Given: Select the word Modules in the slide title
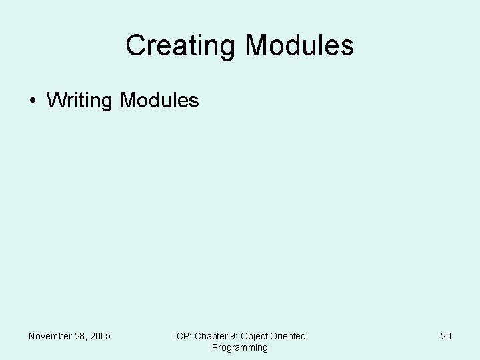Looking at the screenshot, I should click(299, 45).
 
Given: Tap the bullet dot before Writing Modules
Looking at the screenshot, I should click(33, 101).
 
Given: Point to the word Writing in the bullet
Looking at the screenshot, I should click(80, 101).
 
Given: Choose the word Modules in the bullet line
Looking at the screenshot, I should click(159, 101).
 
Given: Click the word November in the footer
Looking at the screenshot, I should click(51, 336).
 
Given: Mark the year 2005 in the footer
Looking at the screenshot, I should click(100, 336).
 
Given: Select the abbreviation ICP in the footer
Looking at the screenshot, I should click(182, 336).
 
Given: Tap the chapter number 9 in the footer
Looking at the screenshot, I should click(235, 336).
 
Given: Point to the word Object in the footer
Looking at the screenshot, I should click(255, 336).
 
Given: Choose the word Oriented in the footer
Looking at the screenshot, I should click(289, 336).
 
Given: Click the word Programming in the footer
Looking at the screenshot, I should click(239, 347).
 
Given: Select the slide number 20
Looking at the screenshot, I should click(446, 336).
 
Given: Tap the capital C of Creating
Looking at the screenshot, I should click(134, 45).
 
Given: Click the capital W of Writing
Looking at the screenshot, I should click(56, 101).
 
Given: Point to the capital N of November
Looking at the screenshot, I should click(32, 336).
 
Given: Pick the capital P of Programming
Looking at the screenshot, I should click(215, 347).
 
